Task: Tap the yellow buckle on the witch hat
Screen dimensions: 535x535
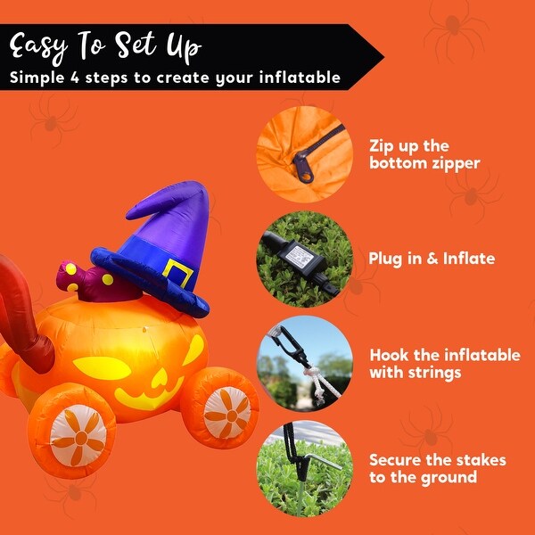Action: tap(177, 274)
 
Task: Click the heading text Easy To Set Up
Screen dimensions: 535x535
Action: tap(106, 45)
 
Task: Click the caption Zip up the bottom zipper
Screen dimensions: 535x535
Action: tap(424, 153)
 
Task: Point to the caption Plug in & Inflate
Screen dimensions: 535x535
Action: tap(432, 259)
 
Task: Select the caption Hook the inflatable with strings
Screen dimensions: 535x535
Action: tap(444, 363)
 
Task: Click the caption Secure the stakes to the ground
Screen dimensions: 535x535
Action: tap(437, 469)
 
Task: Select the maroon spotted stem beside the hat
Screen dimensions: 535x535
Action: tap(75, 279)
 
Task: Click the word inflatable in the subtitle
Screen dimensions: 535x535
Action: tap(304, 78)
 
